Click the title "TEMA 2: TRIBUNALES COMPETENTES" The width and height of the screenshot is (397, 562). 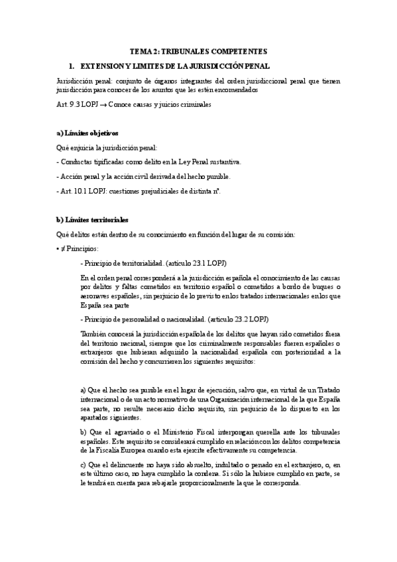click(x=199, y=52)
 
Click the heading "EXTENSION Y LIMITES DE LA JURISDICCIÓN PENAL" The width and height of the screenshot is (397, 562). click(x=175, y=67)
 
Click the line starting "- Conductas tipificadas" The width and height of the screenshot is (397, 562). click(x=140, y=162)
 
